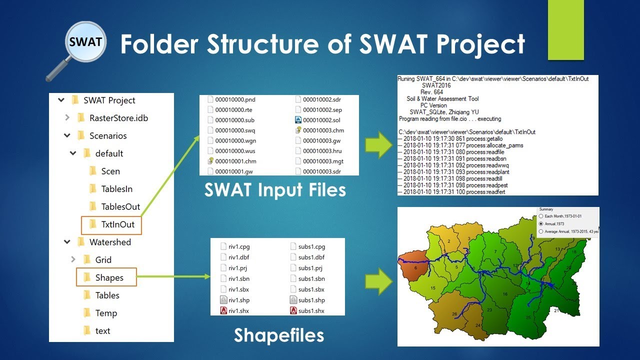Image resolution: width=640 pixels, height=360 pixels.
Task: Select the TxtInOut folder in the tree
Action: coord(118,224)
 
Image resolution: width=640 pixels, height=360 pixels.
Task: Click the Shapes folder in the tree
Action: coord(109,277)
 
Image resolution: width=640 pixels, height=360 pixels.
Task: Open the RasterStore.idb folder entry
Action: coord(118,118)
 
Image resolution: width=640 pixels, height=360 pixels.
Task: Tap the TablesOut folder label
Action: coord(120,206)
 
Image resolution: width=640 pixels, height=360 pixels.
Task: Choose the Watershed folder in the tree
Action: coord(110,242)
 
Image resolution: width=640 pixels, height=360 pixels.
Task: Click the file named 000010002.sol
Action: coord(322,120)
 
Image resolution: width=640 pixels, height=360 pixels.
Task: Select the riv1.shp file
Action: coord(238,300)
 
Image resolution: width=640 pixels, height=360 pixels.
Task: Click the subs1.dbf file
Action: coord(311,257)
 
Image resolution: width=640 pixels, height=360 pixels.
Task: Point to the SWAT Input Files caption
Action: coord(275,190)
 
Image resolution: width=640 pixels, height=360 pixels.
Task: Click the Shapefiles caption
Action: coord(278,335)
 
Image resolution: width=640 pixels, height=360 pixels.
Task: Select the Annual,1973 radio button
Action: coord(541,223)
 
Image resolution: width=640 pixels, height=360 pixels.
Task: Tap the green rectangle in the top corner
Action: coord(565,30)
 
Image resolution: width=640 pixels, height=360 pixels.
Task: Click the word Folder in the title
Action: coord(159,44)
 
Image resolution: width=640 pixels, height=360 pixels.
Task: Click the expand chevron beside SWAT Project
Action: coord(61,100)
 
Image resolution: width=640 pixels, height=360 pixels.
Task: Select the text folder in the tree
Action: coord(102,330)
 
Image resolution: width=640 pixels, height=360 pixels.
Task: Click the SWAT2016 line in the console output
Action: coord(436,85)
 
